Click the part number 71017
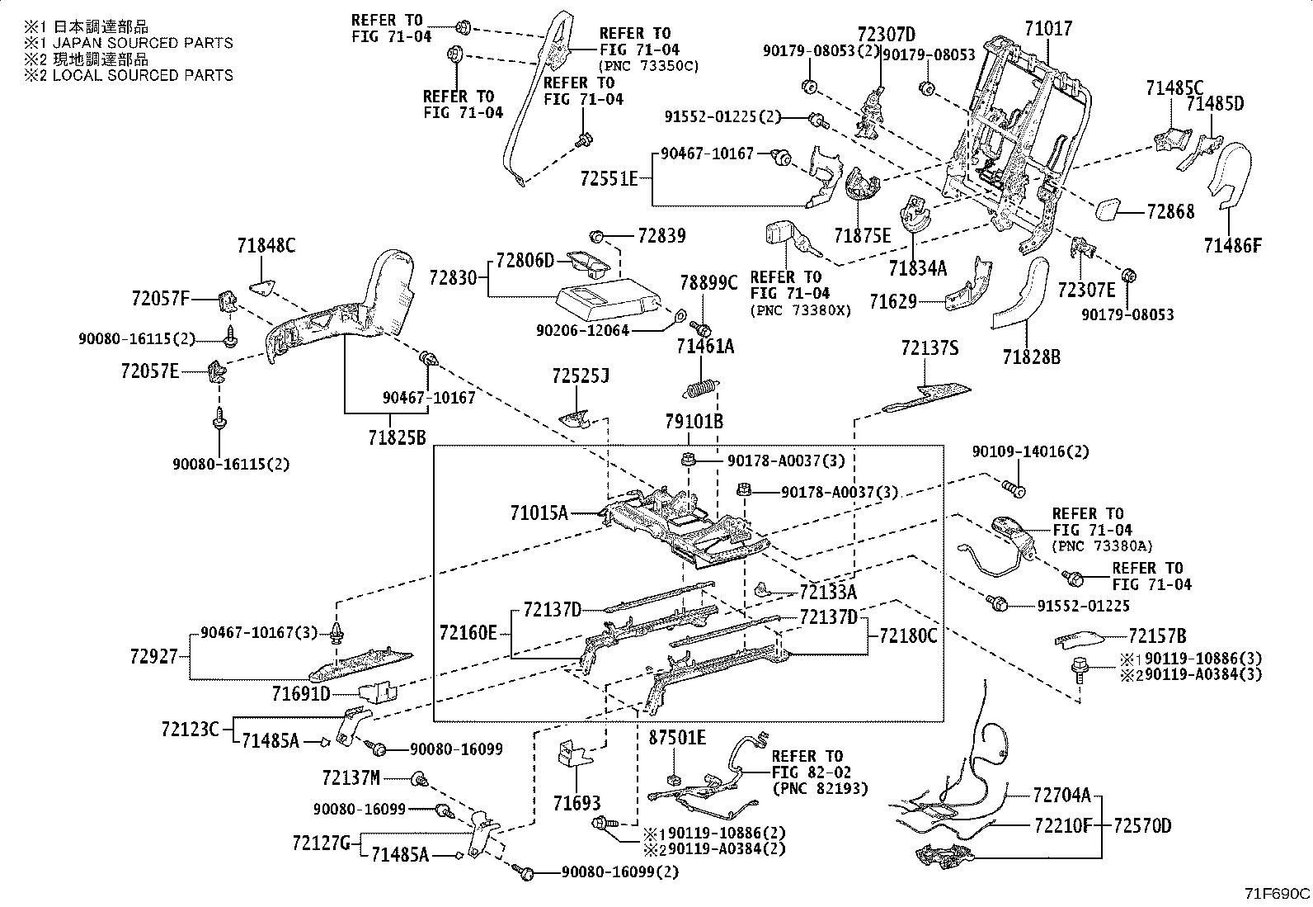click(x=1048, y=29)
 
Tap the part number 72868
click(x=1169, y=212)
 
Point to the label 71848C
click(x=266, y=245)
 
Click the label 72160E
click(x=468, y=633)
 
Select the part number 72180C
click(x=908, y=635)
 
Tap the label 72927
click(x=154, y=657)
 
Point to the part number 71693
click(x=576, y=803)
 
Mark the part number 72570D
click(x=1142, y=825)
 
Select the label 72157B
click(x=1157, y=636)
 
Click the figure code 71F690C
click(x=1277, y=894)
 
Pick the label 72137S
click(x=929, y=349)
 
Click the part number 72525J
click(x=581, y=376)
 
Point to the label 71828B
click(x=1032, y=357)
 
